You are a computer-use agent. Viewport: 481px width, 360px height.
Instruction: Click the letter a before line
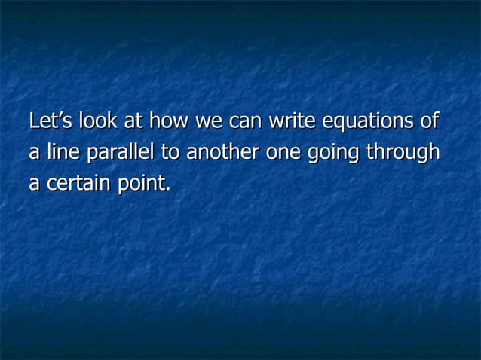(x=33, y=153)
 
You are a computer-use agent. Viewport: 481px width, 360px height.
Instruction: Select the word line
(x=63, y=152)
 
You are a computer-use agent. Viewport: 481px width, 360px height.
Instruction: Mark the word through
(x=402, y=153)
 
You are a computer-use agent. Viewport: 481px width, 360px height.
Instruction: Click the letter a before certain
(x=33, y=184)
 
